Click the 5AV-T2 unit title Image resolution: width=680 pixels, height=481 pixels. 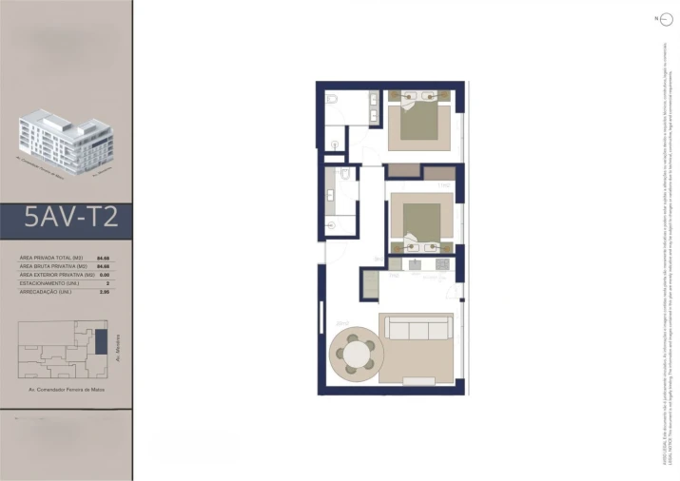coord(71,219)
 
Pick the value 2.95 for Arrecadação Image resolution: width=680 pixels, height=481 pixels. coord(106,291)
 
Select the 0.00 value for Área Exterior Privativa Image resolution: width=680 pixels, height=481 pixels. coord(106,274)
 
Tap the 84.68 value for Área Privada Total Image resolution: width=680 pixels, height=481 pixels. coord(106,258)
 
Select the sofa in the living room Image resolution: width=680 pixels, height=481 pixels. coord(416,330)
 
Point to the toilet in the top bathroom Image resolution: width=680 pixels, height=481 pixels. coord(332,99)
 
